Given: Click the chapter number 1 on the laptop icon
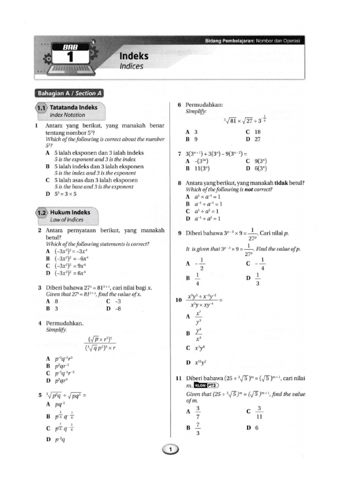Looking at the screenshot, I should coord(71,57).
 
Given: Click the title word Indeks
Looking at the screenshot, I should coord(134,56).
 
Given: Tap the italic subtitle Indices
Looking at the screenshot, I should coord(131,67).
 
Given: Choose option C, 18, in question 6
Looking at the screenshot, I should coord(253,132).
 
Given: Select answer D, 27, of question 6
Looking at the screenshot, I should coord(253,139).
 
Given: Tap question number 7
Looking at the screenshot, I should coord(179,154).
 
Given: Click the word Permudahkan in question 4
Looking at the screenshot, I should coord(65,323).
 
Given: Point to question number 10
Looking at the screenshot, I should coord(179,299).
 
